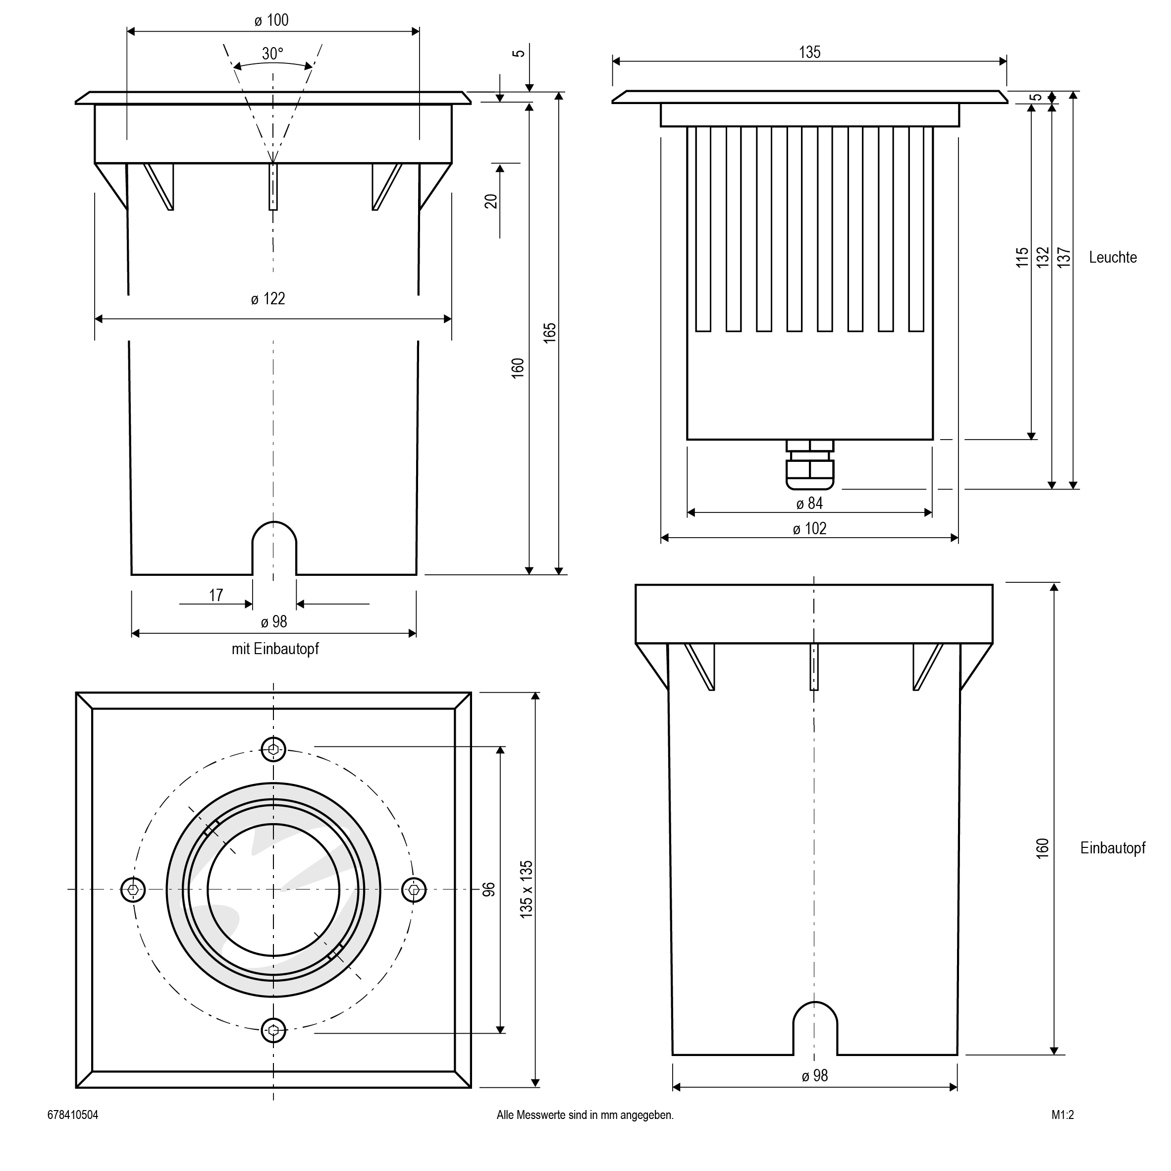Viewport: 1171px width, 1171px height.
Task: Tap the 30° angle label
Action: coord(272,54)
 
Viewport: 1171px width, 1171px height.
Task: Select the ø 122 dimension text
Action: coord(268,299)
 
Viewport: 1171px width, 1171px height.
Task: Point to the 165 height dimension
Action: coord(550,333)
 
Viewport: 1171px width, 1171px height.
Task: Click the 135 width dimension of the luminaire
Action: coord(809,53)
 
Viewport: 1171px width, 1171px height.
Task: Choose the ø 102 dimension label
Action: coord(809,529)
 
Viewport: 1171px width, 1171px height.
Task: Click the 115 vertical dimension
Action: coord(1022,258)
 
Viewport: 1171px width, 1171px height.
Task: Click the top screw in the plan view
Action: coord(273,749)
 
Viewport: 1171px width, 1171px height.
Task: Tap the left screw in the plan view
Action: coord(133,890)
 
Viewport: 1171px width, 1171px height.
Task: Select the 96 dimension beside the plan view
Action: coord(488,890)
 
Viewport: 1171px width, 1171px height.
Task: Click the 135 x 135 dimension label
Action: coord(526,889)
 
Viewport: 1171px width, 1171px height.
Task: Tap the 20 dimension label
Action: coord(491,201)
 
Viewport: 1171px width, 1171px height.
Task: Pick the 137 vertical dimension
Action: coord(1064,258)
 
